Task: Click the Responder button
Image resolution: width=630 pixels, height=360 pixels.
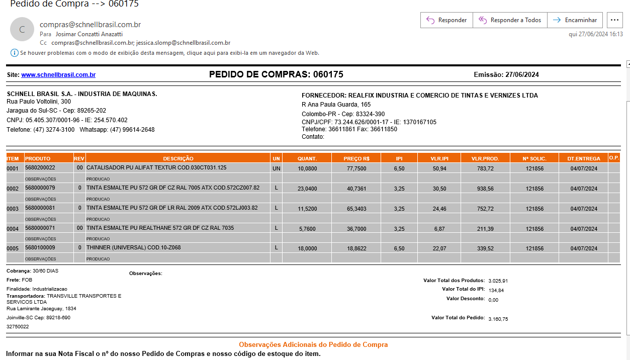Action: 446,20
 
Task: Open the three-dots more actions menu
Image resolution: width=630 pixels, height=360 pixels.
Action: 614,20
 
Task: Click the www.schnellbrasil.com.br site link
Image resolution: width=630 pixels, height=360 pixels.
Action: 58,75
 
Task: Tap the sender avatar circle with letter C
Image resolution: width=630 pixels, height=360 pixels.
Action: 22,29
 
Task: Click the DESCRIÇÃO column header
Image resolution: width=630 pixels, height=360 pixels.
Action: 178,158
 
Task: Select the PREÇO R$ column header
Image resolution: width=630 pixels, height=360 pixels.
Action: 356,158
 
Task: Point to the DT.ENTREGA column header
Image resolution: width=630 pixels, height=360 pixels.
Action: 583,158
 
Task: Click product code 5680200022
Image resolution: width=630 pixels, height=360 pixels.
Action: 40,168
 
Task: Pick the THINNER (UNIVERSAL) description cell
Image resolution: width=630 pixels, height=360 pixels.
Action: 134,248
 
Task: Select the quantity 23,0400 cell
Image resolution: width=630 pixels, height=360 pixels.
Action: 307,189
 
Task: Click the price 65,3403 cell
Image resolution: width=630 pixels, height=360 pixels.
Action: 356,208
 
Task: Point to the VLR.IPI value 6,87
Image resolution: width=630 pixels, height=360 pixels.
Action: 439,229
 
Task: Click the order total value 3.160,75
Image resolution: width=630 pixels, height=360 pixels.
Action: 498,319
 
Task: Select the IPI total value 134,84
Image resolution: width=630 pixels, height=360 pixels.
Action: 496,290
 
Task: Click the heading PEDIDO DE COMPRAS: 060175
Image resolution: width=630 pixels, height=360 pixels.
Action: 276,74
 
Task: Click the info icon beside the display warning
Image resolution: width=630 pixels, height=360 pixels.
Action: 14,53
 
